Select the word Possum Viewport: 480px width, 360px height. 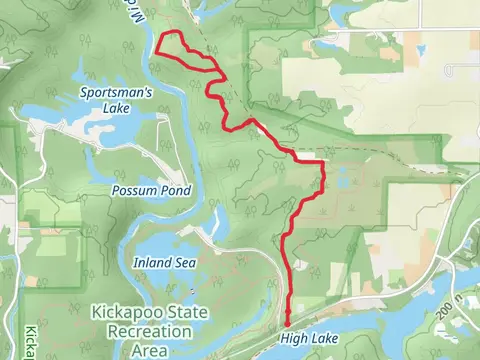(130, 190)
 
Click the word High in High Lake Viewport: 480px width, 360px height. (295, 340)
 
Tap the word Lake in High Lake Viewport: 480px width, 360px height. (325, 340)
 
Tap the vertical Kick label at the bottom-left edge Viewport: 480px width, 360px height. (29, 343)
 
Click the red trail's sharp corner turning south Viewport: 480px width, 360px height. (325, 161)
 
